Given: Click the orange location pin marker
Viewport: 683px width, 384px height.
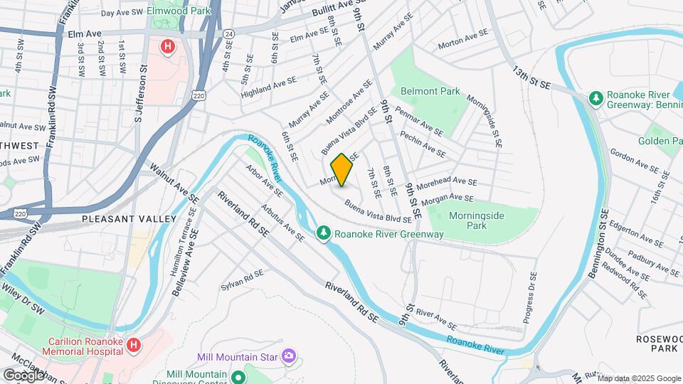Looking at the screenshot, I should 341,170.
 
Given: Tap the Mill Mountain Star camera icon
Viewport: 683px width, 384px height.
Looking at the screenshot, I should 288,355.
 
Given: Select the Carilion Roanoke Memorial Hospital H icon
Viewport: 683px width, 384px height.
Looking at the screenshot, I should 133,345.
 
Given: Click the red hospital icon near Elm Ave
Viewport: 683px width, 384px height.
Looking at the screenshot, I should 167,48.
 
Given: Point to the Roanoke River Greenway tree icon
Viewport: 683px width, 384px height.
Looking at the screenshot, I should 324,233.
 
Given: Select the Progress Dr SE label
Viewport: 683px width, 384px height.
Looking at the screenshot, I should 530,298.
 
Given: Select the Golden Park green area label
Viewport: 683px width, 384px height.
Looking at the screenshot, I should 662,141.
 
